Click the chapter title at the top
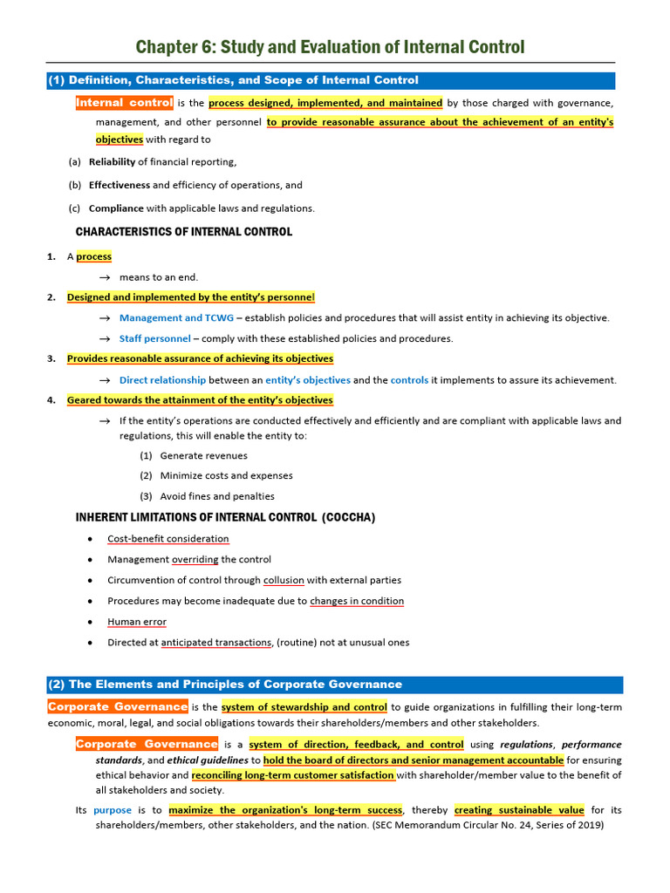(x=331, y=46)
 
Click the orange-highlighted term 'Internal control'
(x=124, y=103)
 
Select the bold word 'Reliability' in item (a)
(x=112, y=161)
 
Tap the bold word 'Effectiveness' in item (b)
(x=120, y=185)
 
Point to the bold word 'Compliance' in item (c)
(x=116, y=208)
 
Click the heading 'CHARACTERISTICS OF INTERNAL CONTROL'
(x=183, y=232)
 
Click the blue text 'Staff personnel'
(x=154, y=338)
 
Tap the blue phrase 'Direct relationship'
(x=162, y=380)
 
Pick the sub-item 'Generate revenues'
(x=203, y=455)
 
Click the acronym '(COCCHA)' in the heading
(x=348, y=517)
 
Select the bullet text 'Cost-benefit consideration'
(x=168, y=539)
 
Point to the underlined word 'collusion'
(x=283, y=580)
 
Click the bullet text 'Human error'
(x=137, y=622)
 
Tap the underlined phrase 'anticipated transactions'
(x=215, y=643)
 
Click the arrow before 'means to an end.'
(x=104, y=277)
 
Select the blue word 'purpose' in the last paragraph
(x=113, y=810)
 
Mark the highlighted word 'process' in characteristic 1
(x=93, y=256)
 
